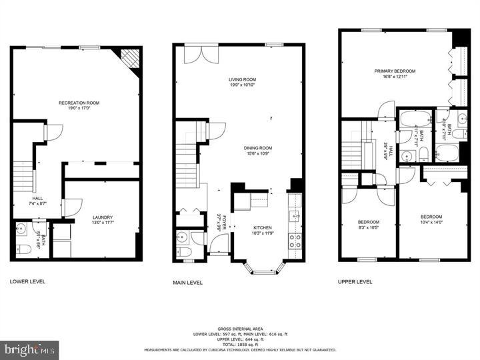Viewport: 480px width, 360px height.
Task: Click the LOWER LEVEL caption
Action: tap(27, 281)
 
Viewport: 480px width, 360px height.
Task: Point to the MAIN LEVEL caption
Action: tap(187, 282)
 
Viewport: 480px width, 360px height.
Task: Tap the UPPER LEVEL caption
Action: tap(355, 281)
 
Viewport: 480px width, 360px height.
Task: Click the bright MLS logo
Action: tap(29, 349)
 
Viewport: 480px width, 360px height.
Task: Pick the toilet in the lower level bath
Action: tap(21, 250)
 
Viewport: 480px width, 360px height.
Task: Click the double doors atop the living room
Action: tap(201, 53)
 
